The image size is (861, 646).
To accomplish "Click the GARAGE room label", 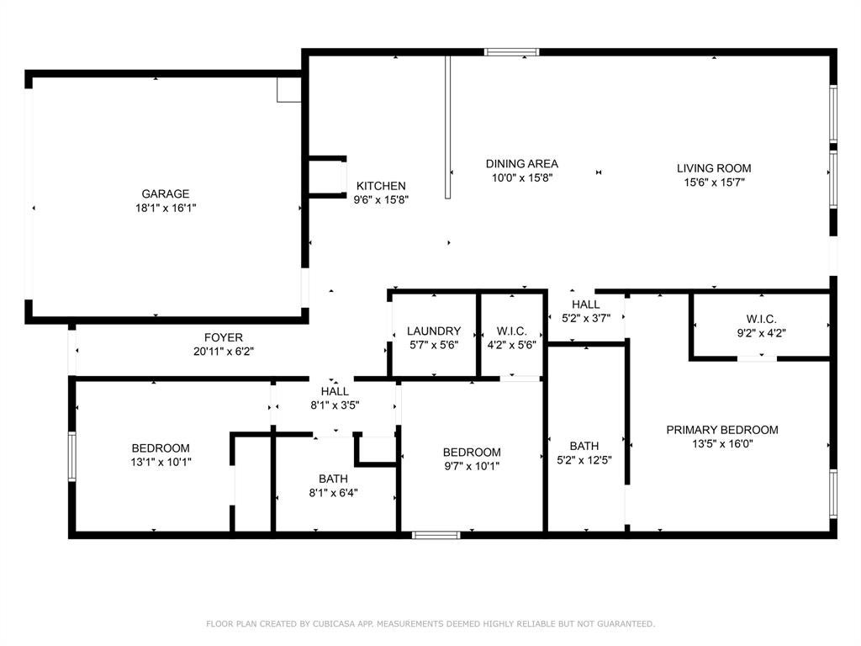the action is pos(166,194).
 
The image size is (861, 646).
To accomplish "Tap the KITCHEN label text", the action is pos(381,186).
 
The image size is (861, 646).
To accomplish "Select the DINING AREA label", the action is pos(521,164).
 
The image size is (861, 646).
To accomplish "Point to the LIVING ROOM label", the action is pos(714,168).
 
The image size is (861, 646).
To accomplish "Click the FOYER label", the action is pos(224,338).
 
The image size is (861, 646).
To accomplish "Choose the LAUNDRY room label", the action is pos(434,331).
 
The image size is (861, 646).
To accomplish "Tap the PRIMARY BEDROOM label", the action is pos(722,430).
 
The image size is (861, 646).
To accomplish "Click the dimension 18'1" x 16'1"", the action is pos(166,209).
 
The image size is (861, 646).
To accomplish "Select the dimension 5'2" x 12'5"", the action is pos(584,460).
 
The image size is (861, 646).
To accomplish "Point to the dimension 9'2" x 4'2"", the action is pos(761,333).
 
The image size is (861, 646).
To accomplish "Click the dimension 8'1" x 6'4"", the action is pos(333,493).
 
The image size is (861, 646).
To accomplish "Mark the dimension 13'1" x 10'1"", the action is pos(161,463).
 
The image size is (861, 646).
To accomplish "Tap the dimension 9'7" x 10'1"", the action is pos(473,466).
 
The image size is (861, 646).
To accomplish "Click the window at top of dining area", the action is pos(512,52).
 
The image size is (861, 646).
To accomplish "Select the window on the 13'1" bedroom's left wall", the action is pos(72,457).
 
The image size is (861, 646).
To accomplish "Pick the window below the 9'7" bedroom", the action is pos(436,534).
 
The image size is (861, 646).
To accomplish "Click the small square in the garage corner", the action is pos(289,89).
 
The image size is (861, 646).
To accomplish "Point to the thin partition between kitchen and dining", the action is pos(448,127).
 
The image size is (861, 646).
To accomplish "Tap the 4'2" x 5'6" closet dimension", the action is pos(512,346).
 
